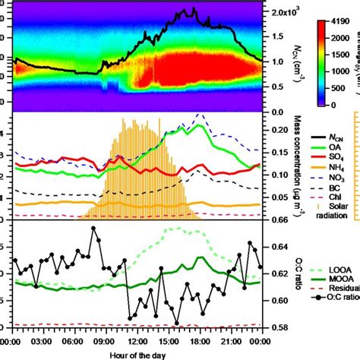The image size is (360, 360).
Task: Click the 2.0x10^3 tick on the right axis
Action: click(283, 13)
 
